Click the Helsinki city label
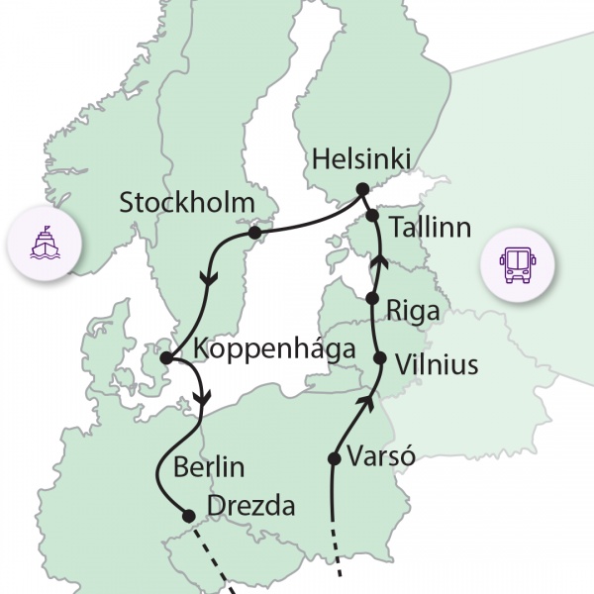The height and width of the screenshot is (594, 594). tap(360, 158)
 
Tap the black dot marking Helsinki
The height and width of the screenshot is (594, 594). tap(362, 188)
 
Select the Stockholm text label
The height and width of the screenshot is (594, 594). tap(188, 204)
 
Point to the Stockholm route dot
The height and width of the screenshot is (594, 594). tap(254, 233)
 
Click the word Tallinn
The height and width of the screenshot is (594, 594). tap(430, 228)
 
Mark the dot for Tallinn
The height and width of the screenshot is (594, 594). tap(372, 215)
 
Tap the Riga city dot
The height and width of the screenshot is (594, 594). tap(372, 298)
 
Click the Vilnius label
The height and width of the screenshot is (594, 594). tap(436, 365)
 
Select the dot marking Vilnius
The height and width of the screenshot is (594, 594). tap(378, 358)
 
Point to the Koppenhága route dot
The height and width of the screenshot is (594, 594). tap(166, 357)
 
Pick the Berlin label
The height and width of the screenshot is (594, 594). tap(208, 467)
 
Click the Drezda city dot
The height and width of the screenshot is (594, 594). tap(188, 514)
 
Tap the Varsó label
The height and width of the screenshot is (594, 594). tap(380, 457)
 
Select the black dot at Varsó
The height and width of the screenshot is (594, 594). tap(333, 458)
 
